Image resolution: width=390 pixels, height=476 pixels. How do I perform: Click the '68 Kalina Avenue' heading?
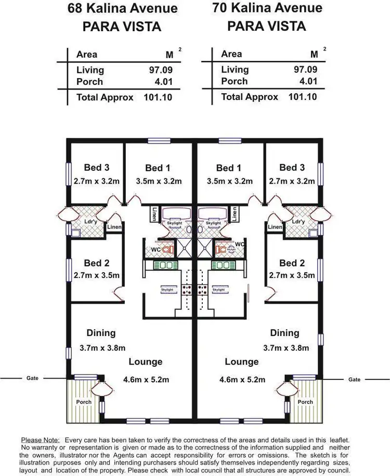coord(123,9)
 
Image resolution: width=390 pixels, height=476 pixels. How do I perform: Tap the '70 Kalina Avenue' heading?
coord(267,8)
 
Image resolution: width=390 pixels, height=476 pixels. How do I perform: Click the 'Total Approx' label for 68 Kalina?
coord(105,97)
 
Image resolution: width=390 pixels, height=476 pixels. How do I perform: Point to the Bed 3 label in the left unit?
coord(97,168)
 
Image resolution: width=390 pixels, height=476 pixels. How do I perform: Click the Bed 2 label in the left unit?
coord(97,263)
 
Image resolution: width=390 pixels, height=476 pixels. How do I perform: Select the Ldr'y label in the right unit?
coord(297,222)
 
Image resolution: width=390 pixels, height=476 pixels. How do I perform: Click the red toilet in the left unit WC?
coord(166,250)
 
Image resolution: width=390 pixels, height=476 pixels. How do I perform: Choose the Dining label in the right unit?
coord(284,333)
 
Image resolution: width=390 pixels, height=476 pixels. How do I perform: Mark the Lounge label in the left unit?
coord(146,362)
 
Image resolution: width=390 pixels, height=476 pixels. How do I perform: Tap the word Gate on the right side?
coord(354,379)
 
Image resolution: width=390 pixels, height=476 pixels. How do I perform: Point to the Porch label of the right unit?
coord(305,402)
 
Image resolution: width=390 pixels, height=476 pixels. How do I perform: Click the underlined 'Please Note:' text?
coord(41,440)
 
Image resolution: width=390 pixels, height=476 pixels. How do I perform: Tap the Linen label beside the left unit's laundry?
coord(114,227)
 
